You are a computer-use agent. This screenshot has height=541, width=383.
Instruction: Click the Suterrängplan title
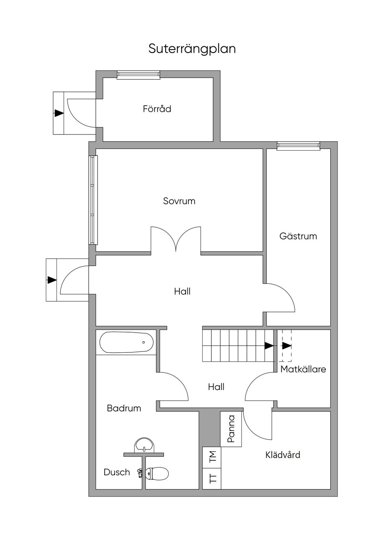click(192, 49)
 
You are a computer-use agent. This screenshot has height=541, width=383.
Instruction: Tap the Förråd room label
click(157, 109)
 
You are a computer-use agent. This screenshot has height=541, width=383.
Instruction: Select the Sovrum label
click(179, 201)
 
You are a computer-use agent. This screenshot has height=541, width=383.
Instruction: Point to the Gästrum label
click(298, 236)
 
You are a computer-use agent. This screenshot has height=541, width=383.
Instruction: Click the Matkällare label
click(303, 369)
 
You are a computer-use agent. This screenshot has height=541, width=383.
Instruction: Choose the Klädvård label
click(283, 455)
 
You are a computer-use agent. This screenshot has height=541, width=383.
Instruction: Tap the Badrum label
click(124, 408)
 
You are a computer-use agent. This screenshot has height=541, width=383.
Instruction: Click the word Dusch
click(117, 472)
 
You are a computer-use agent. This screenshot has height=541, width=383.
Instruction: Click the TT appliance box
click(212, 479)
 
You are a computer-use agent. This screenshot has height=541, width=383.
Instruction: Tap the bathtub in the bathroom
click(126, 342)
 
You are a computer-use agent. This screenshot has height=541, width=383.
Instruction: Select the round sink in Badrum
click(144, 445)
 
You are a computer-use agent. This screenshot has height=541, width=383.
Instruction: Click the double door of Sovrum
click(176, 239)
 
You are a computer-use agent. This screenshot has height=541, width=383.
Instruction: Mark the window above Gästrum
click(298, 146)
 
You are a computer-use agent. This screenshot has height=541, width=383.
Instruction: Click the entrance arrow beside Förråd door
click(58, 113)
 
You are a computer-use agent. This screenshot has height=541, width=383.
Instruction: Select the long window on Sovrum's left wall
click(93, 200)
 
